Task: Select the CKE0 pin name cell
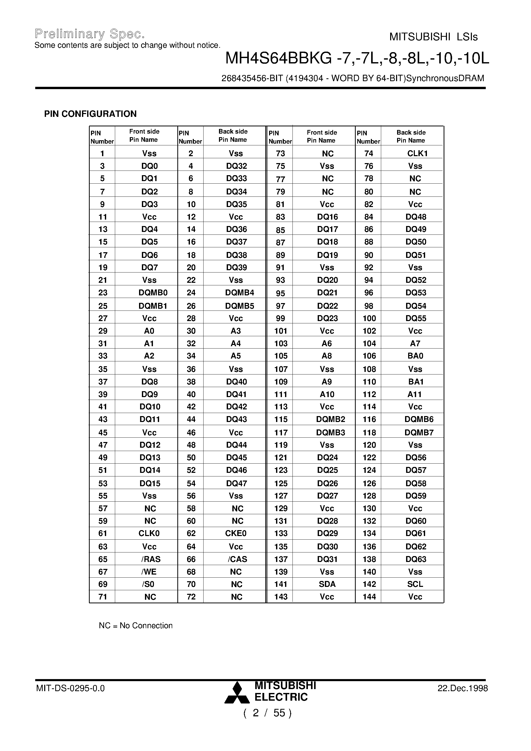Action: [235, 533]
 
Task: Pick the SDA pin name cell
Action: [327, 584]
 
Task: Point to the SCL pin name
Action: [415, 584]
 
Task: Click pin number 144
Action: [369, 597]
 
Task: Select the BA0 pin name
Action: [415, 356]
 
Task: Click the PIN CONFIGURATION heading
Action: [90, 114]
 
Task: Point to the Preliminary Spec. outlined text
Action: [89, 34]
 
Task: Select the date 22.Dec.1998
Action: [463, 688]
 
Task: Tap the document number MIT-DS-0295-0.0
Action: [70, 688]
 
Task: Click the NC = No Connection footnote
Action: [135, 626]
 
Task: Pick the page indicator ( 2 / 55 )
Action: [268, 713]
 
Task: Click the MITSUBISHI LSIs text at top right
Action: [433, 37]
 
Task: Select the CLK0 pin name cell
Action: [149, 533]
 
